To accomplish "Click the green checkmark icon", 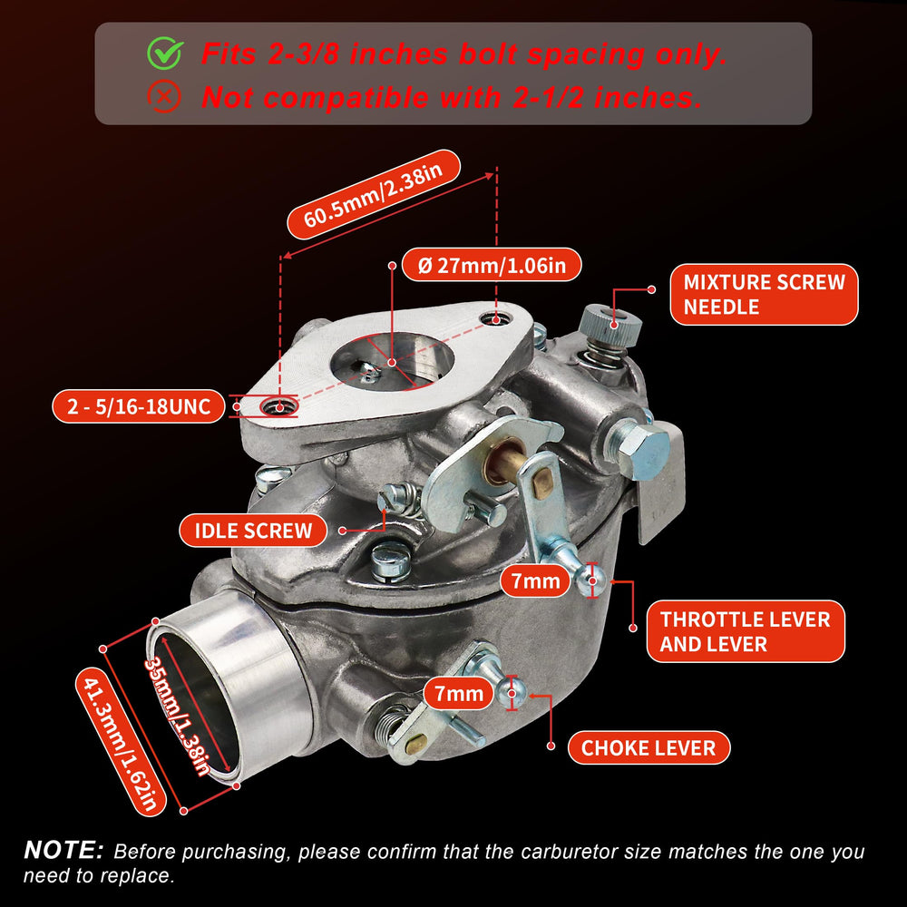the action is tap(165, 53).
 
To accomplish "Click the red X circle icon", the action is tap(164, 97).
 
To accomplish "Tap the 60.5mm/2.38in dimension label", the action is tap(374, 194).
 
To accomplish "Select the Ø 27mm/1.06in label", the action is tap(492, 265).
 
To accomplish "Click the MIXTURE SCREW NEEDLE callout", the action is tap(764, 295).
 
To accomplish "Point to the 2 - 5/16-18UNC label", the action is tap(138, 406).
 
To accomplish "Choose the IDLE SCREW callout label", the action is tap(253, 531).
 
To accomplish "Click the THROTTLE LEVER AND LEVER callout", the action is tap(745, 631).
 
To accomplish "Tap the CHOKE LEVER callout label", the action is tap(649, 747).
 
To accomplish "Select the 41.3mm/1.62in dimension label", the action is tap(121, 743).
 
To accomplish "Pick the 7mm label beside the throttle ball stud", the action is tap(536, 580).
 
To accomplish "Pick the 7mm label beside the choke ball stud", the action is tap(459, 693).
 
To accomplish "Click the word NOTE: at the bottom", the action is tap(63, 851).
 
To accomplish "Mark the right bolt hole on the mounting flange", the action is tap(495, 317).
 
